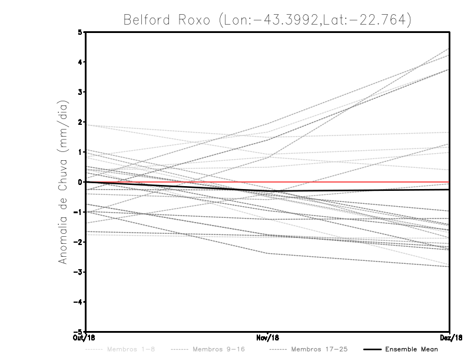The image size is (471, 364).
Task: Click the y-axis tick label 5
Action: click(81, 32)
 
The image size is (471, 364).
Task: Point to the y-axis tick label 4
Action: click(81, 62)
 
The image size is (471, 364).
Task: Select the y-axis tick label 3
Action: click(81, 92)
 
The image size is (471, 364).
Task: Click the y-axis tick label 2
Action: click(81, 122)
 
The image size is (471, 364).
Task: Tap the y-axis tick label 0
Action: click(81, 182)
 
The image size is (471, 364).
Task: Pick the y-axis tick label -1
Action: click(79, 212)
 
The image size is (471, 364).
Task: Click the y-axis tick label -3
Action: click(79, 272)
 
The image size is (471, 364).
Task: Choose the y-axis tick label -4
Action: click(79, 302)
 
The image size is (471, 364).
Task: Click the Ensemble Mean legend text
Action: click(412, 350)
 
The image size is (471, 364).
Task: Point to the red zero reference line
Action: click(353, 182)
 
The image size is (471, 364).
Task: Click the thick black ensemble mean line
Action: click(353, 190)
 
